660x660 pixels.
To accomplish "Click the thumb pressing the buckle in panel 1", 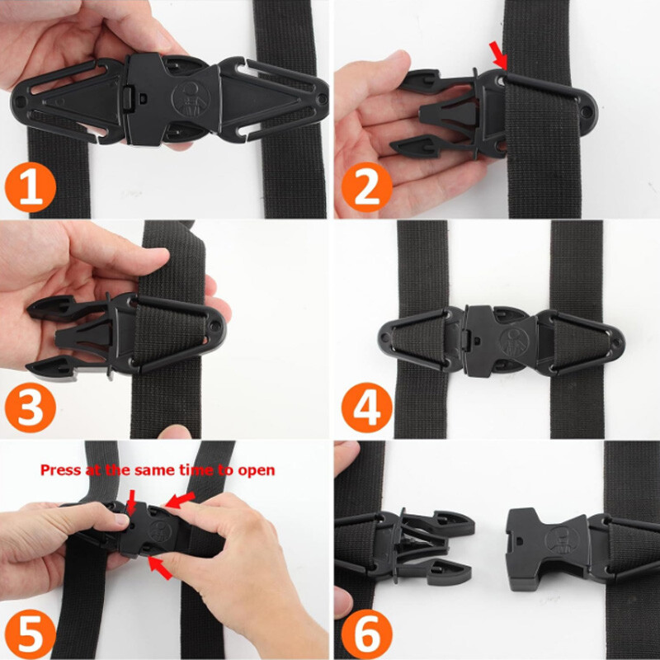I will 124,33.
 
